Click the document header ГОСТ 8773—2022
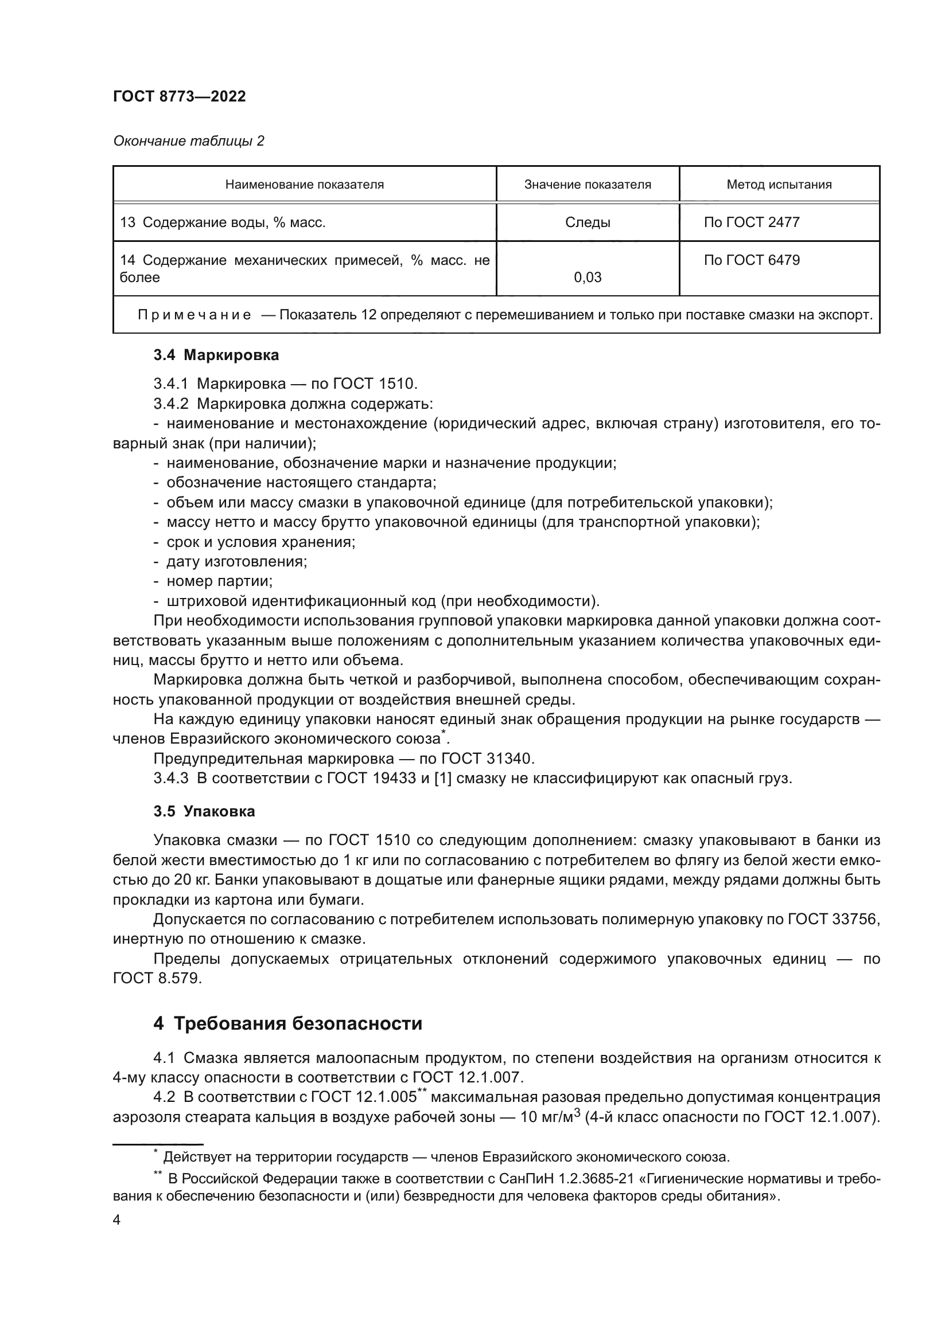(180, 97)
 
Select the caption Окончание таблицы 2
(188, 141)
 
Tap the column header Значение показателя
(588, 185)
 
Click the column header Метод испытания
(779, 185)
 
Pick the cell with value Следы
(588, 222)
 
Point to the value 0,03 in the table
(588, 277)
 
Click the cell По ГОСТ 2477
(752, 222)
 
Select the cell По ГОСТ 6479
(752, 260)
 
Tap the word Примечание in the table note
(195, 315)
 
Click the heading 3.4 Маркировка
(216, 355)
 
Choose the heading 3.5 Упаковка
(204, 811)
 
